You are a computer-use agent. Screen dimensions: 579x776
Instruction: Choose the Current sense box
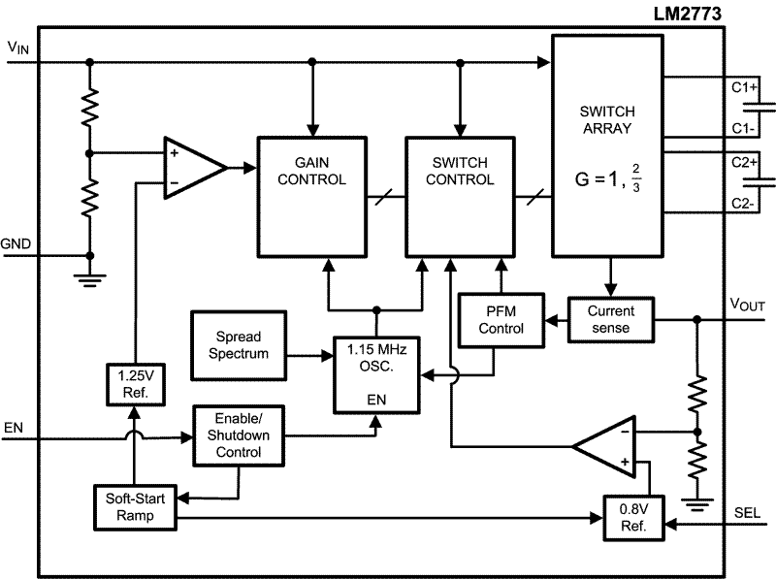[610, 319]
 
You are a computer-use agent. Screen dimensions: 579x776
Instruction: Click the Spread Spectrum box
[239, 346]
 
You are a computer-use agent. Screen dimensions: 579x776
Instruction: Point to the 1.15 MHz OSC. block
[377, 372]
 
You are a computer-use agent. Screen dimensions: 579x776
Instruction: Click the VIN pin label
[18, 48]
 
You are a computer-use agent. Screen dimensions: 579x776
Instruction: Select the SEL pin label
[748, 513]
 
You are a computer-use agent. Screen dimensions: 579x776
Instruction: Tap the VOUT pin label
[747, 305]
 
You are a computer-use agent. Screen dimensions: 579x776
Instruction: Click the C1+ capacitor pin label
[744, 87]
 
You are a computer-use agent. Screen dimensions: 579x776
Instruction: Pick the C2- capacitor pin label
[744, 204]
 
